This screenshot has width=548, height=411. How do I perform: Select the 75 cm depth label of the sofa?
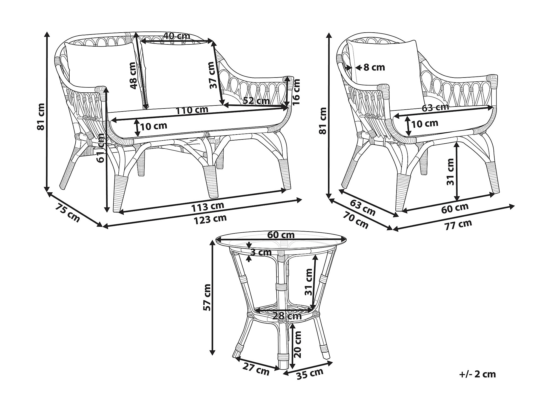pos(67,212)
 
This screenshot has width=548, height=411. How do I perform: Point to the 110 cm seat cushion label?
pos(192,110)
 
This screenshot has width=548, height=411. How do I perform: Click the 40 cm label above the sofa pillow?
pos(176,36)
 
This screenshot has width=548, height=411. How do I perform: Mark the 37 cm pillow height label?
pos(211,75)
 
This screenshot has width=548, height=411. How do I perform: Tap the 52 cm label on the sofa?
pos(256,101)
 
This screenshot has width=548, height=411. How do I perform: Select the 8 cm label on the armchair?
pos(374,67)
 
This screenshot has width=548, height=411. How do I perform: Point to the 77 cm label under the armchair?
pos(458,224)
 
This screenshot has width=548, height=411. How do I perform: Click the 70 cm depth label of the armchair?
pos(356,220)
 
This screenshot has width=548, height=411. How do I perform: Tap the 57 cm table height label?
pos(207,297)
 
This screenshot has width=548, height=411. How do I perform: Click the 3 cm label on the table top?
pos(261,252)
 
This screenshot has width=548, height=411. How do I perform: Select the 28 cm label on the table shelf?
pos(287,316)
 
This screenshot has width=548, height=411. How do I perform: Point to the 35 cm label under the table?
pos(310,374)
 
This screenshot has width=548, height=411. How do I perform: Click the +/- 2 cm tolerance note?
pos(477,374)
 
